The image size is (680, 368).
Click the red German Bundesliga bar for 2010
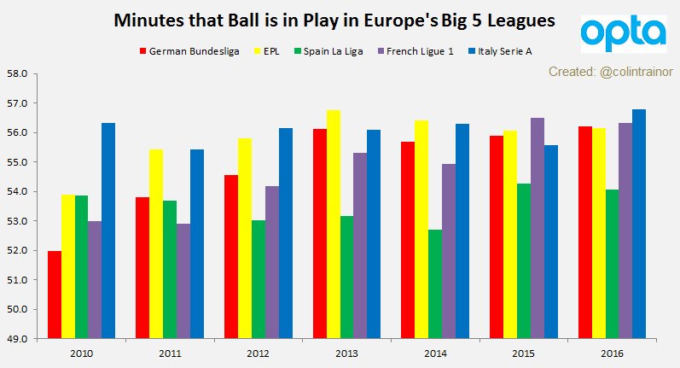54,295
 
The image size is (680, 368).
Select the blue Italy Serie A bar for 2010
108,231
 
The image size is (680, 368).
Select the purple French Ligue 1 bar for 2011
183,281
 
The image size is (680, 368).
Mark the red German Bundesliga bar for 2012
230,256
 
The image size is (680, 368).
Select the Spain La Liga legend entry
328,51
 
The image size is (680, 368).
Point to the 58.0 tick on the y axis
19,74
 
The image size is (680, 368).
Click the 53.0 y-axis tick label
19,221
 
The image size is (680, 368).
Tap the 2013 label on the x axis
347,353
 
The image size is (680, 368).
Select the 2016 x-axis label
612,353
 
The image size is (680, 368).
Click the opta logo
623,34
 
